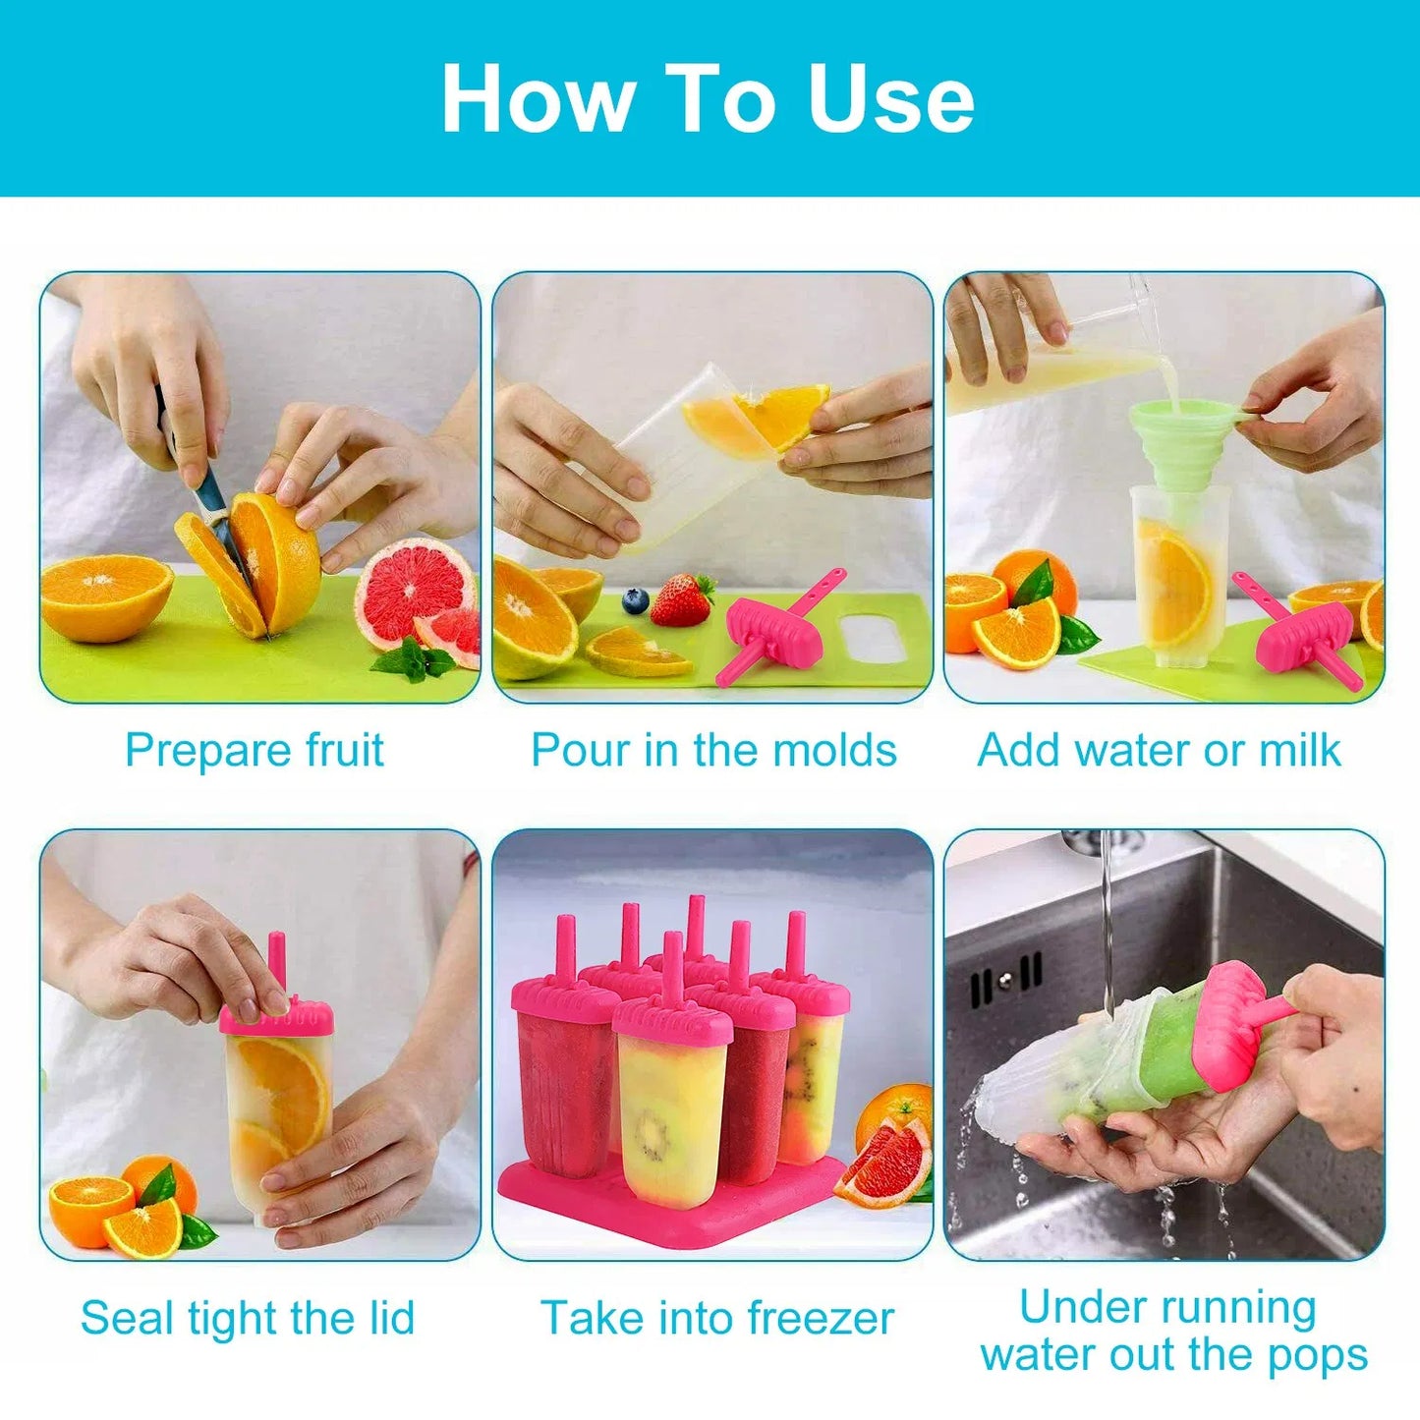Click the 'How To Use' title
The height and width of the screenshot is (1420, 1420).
click(708, 98)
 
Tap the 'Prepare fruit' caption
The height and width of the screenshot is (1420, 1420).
click(254, 751)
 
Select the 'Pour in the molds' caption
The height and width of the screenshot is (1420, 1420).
click(713, 751)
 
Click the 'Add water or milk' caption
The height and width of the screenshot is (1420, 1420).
click(1159, 751)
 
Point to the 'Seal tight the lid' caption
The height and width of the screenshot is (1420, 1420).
click(248, 1318)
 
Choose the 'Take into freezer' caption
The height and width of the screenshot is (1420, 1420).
click(717, 1318)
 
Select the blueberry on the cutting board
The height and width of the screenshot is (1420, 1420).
click(636, 600)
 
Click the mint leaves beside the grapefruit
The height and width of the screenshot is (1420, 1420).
click(413, 659)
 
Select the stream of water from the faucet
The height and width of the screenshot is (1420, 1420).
click(1108, 924)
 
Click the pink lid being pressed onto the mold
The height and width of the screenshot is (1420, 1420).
click(276, 1016)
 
